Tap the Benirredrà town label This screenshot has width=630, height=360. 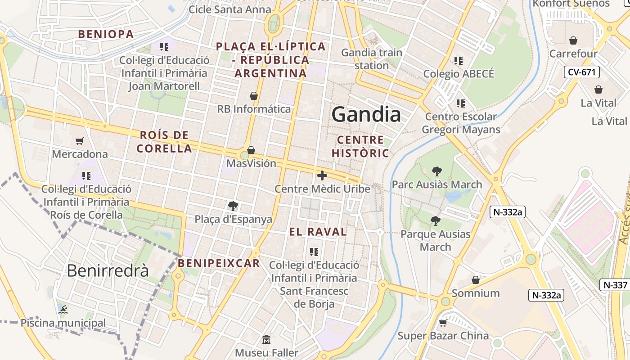[x=108, y=270]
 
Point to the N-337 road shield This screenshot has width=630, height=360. [x=615, y=285]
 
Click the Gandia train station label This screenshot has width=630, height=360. [x=371, y=59]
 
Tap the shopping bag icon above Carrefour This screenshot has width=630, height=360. [x=573, y=41]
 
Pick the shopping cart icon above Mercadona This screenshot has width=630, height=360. [x=80, y=141]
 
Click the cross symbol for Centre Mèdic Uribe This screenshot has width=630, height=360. [x=322, y=175]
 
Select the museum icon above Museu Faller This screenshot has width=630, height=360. [x=266, y=340]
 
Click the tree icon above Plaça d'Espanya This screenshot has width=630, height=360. [x=233, y=206]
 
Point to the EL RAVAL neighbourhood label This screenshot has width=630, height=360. [x=318, y=232]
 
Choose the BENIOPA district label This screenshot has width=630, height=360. [x=106, y=34]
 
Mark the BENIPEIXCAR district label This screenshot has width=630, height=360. [x=219, y=263]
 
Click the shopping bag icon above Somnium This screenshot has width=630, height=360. [x=476, y=280]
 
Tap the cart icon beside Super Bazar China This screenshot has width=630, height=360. [x=443, y=323]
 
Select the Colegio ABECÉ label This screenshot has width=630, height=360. [x=459, y=74]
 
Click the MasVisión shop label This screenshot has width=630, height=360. [x=251, y=163]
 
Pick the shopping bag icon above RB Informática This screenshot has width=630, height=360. [x=254, y=96]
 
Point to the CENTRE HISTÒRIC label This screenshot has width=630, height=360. [x=360, y=147]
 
